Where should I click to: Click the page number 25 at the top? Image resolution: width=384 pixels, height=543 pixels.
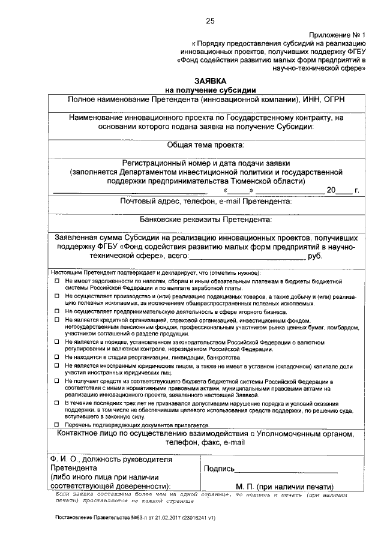(x=210, y=22)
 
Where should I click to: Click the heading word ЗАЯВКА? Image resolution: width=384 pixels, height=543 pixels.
(x=210, y=80)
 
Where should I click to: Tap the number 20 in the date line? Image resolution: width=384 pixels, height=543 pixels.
(x=331, y=190)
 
